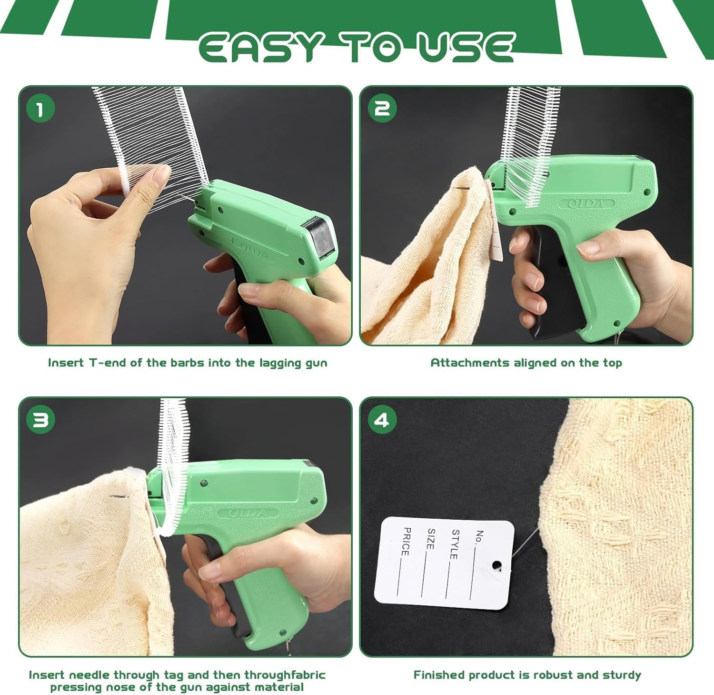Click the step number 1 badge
(x=40, y=108)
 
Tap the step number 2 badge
(x=382, y=108)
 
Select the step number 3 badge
(x=40, y=420)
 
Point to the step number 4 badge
(x=382, y=420)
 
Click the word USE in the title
(x=466, y=48)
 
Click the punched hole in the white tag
(x=496, y=565)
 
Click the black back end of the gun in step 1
(x=320, y=236)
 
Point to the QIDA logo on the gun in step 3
(x=248, y=513)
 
